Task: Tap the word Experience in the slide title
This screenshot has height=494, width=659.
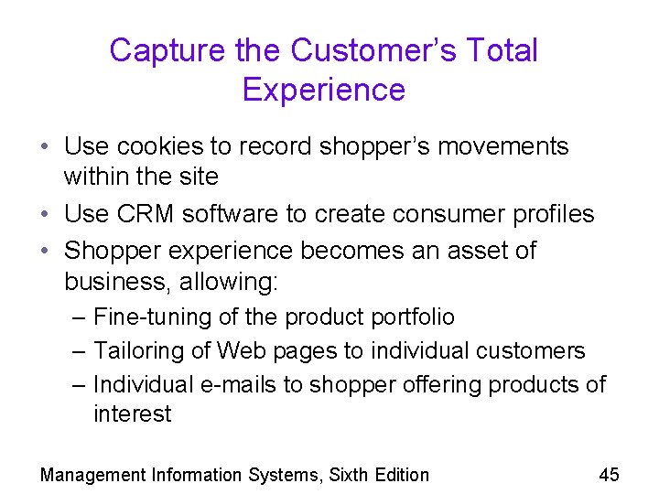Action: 323,90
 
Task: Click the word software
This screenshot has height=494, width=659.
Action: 230,214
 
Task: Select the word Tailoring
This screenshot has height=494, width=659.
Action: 139,351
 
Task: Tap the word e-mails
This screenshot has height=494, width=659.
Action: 239,384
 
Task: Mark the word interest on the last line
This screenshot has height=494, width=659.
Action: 132,414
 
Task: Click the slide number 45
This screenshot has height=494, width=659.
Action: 609,474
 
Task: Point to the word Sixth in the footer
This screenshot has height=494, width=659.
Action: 351,475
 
